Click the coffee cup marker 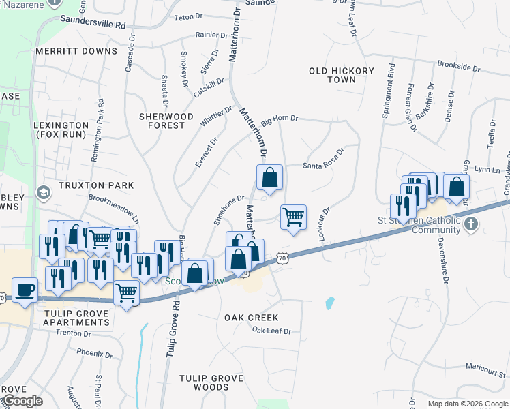click(25, 290)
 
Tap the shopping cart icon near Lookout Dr click(293, 217)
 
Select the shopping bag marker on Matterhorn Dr click(270, 177)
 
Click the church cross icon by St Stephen click(470, 224)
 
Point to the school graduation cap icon click(44, 193)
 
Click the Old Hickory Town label click(342, 75)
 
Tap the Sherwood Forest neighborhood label click(166, 121)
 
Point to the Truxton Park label click(95, 185)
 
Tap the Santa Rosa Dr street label click(323, 166)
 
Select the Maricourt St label click(487, 366)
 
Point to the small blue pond click(330, 301)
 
